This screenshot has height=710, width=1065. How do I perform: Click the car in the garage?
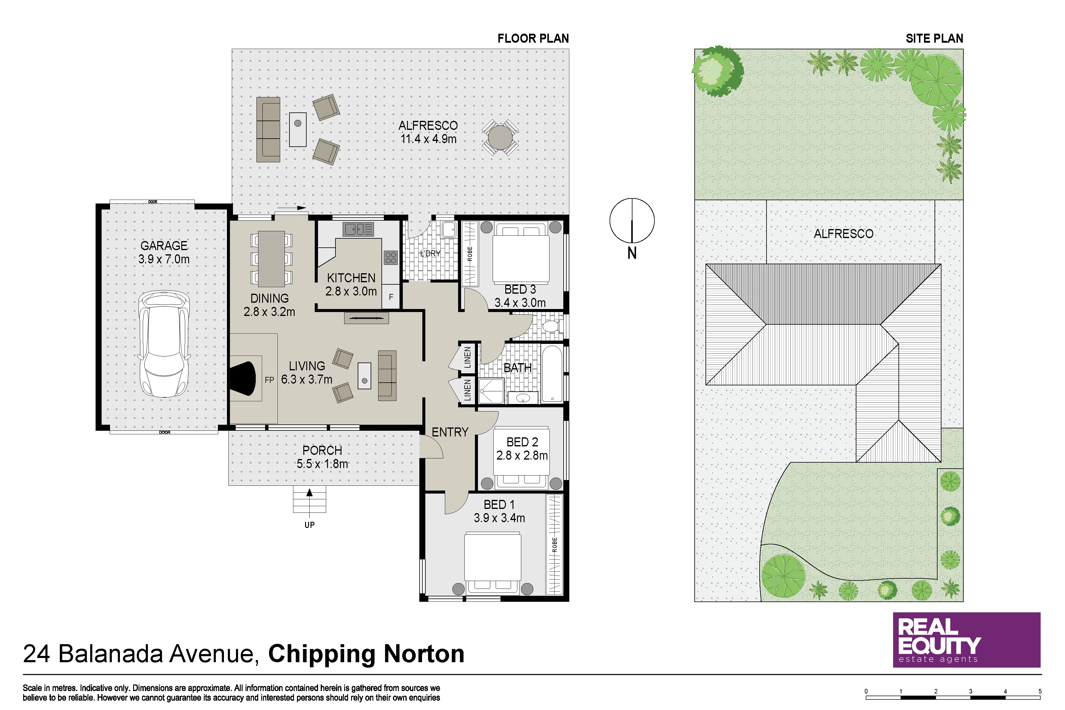click(x=164, y=344)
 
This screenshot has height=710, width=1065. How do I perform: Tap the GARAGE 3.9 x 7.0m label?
click(x=164, y=252)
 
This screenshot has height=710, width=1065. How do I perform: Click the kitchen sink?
click(x=358, y=229)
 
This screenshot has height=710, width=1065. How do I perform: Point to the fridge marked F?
click(x=391, y=297)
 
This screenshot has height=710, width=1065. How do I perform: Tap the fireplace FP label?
click(x=269, y=380)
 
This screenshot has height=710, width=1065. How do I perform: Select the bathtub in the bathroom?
click(x=552, y=374)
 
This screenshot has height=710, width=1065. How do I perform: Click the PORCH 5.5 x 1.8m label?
click(x=323, y=457)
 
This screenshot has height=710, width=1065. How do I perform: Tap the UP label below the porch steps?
click(x=309, y=525)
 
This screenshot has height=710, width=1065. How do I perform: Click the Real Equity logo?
click(x=966, y=640)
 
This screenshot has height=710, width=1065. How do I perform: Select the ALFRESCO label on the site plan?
click(x=843, y=234)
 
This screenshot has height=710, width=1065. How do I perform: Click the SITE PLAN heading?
click(x=934, y=38)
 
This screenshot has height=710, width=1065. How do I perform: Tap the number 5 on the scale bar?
click(x=1040, y=691)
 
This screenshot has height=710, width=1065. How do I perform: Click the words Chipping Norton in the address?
click(x=366, y=653)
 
